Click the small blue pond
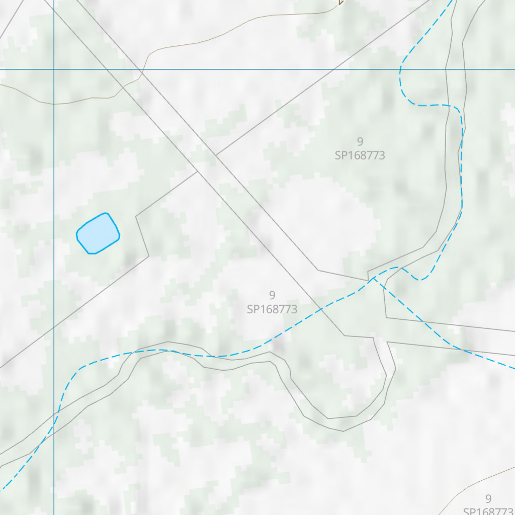point(98,233)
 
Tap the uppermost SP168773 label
point(360,155)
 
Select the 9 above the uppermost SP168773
point(360,141)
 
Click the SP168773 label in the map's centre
point(272,309)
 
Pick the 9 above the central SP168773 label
point(272,295)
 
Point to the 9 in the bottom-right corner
point(488,499)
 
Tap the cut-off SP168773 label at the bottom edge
point(488,511)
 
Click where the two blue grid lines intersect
point(54,69)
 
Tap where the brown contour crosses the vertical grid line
point(54,104)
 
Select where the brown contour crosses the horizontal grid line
point(143,69)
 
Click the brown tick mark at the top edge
point(341,3)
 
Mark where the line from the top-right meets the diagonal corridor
point(216,155)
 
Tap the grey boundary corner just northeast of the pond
point(136,217)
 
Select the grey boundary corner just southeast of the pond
point(149,256)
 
